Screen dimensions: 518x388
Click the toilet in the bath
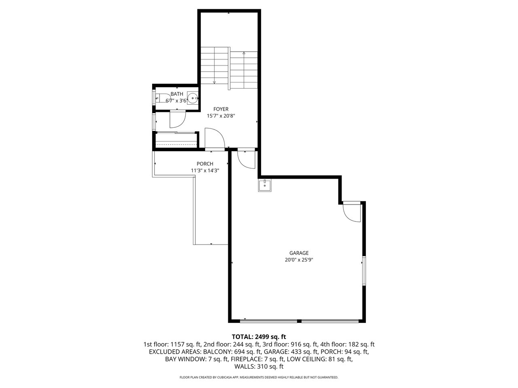(160, 97)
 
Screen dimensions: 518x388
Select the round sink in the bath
(193, 97)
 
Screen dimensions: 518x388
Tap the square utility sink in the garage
(265, 186)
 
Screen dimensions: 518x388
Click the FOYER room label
(221, 109)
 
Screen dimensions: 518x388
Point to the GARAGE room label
(299, 253)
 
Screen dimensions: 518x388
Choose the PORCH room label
(205, 164)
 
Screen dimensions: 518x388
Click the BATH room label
(177, 94)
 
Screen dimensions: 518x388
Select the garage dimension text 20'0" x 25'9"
(299, 260)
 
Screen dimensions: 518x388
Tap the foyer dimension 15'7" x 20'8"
(221, 116)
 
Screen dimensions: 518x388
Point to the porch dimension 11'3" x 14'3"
(205, 171)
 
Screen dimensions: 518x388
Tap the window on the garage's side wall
(364, 271)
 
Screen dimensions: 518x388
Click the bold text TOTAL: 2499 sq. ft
(259, 337)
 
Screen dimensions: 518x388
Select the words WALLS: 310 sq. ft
(259, 367)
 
